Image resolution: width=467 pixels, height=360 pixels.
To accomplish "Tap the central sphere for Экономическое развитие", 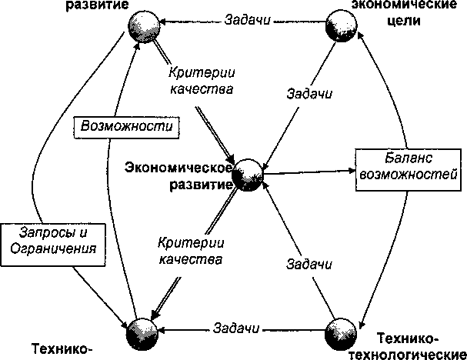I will pyautogui.click(x=248, y=175).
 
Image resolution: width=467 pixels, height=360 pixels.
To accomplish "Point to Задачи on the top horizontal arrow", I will pyautogui.click(x=247, y=19).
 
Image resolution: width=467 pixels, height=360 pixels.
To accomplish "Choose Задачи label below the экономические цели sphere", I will pyautogui.click(x=308, y=95).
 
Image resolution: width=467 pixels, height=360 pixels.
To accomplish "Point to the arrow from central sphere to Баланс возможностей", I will pyautogui.click(x=308, y=172).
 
